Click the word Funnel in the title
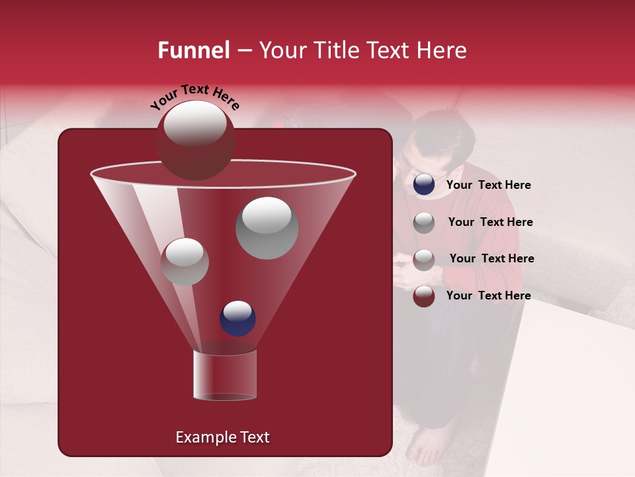click(x=193, y=50)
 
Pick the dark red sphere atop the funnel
click(x=195, y=140)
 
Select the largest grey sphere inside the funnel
click(x=267, y=227)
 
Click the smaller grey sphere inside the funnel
click(x=185, y=262)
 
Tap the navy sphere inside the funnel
click(x=237, y=318)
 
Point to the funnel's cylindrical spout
click(x=224, y=375)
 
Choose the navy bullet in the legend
click(x=424, y=185)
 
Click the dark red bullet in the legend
click(x=424, y=296)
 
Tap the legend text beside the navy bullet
click(x=488, y=185)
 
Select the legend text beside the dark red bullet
click(x=488, y=295)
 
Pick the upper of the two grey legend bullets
click(x=424, y=223)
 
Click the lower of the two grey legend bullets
click(x=424, y=259)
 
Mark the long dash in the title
click(x=243, y=51)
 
